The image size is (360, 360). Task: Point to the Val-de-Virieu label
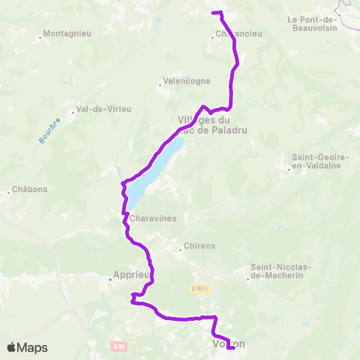pos(103,109)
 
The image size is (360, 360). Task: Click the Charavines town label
pos(152,220)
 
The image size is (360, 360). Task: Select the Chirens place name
pos(201,246)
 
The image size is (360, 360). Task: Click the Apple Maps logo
pos(26,347)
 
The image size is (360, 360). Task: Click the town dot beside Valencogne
pos(160,85)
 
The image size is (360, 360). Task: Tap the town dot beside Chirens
pos(182,246)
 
